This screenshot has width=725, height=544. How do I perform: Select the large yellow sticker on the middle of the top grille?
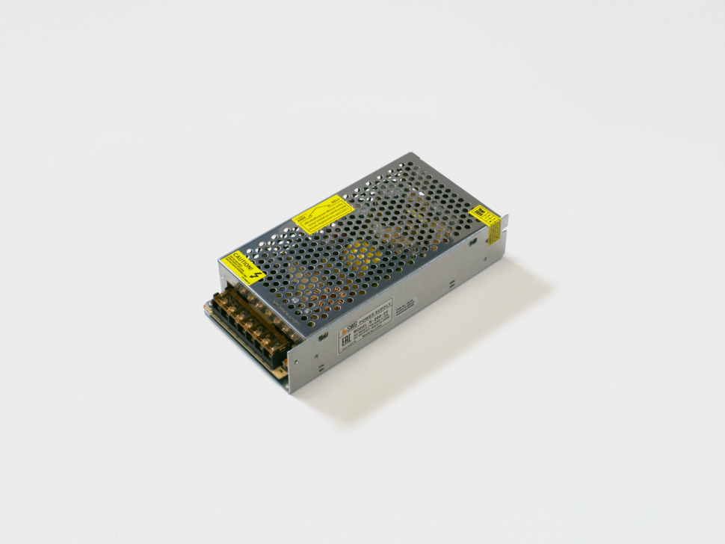(x=322, y=214)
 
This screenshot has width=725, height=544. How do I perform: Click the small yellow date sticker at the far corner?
(x=485, y=223)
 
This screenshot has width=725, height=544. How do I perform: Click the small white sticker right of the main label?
(x=405, y=307)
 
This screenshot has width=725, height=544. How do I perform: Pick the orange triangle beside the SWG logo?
(x=344, y=330)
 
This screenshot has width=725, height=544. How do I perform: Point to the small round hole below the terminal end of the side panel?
(x=321, y=366)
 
